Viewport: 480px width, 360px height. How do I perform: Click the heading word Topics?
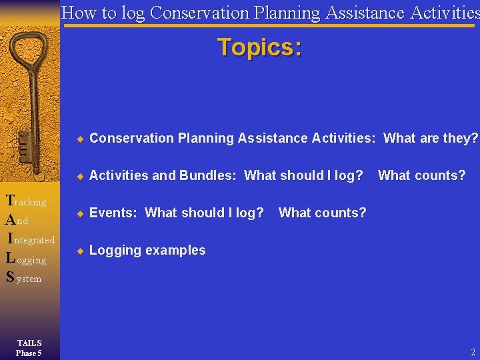point(259,48)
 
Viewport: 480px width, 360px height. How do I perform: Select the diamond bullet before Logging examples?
point(79,251)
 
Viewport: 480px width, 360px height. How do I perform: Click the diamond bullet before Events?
point(79,213)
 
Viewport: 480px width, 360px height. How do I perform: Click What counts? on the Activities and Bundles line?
point(421,175)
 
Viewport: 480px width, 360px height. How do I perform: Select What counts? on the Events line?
point(322,213)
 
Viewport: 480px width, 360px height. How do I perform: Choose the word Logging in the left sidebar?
point(27,259)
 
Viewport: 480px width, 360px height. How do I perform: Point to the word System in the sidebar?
point(24,277)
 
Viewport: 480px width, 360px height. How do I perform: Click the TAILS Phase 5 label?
point(29,348)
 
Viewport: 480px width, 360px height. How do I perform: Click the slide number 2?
point(473,352)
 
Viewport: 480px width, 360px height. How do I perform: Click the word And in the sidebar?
point(17,220)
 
